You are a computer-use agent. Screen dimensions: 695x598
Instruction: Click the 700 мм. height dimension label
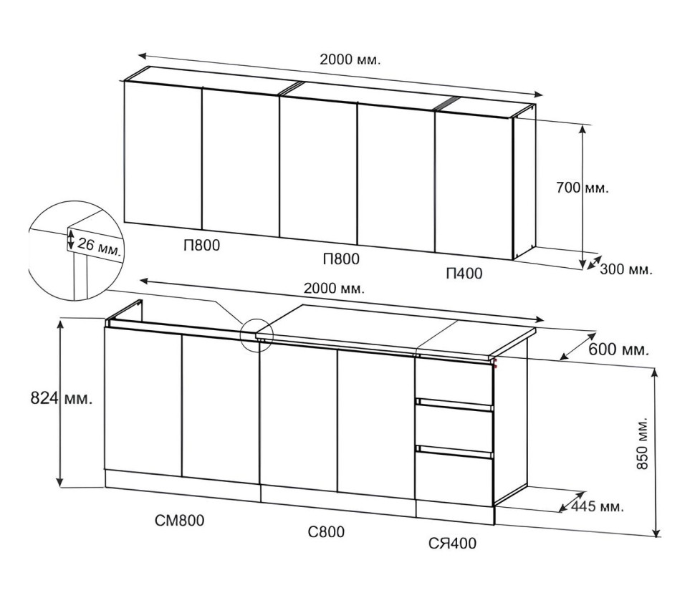(x=583, y=188)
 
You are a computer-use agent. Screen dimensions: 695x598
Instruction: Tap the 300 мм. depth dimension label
(x=625, y=269)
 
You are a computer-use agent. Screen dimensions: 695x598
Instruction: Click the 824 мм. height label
(x=62, y=398)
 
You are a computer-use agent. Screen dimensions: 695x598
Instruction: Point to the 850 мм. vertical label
(x=642, y=443)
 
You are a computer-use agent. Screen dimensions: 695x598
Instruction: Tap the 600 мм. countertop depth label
(x=618, y=349)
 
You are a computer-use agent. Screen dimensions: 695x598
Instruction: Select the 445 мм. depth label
(x=597, y=506)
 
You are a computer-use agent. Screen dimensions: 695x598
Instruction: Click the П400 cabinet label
(x=464, y=274)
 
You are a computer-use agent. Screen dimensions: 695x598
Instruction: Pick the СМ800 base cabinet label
(x=180, y=520)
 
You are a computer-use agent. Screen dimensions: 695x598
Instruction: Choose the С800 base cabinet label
(x=326, y=531)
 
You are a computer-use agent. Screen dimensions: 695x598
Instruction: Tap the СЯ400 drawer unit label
(x=452, y=543)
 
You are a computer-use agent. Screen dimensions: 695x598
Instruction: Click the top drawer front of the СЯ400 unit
(x=454, y=380)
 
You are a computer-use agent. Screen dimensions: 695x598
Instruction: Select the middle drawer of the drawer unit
(x=454, y=428)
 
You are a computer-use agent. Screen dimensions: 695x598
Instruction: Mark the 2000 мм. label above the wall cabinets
(x=350, y=59)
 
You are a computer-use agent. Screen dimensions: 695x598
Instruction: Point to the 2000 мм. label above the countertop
(x=334, y=289)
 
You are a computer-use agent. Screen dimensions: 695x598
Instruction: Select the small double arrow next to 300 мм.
(x=594, y=262)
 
